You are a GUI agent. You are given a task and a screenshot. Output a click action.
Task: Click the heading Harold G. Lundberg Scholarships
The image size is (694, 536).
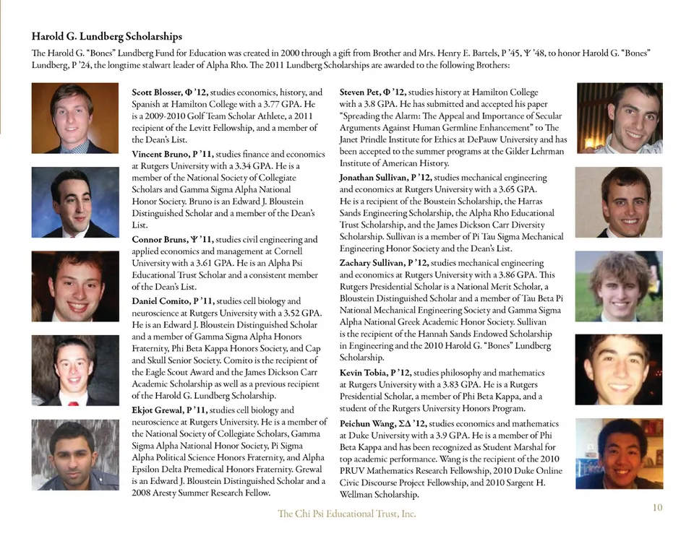(x=106, y=36)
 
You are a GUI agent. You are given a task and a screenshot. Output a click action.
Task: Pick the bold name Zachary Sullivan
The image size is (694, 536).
(x=372, y=263)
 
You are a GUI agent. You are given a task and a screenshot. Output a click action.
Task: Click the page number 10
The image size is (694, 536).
(x=656, y=507)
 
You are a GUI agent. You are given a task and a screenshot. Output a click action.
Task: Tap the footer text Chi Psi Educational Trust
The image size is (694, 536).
(x=347, y=514)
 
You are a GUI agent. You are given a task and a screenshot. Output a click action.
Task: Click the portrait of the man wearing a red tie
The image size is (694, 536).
(x=74, y=370)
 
